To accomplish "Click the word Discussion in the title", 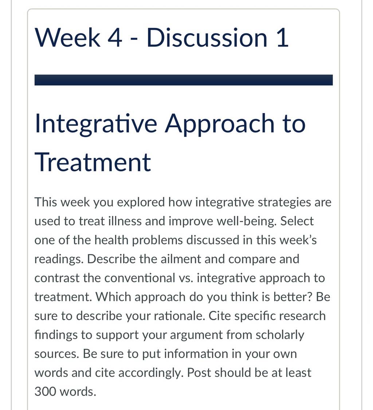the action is pyautogui.click(x=207, y=38).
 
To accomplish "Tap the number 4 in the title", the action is pyautogui.click(x=114, y=38).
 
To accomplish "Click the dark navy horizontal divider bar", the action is pyautogui.click(x=184, y=80).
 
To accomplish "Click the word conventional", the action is pyautogui.click(x=140, y=278).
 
